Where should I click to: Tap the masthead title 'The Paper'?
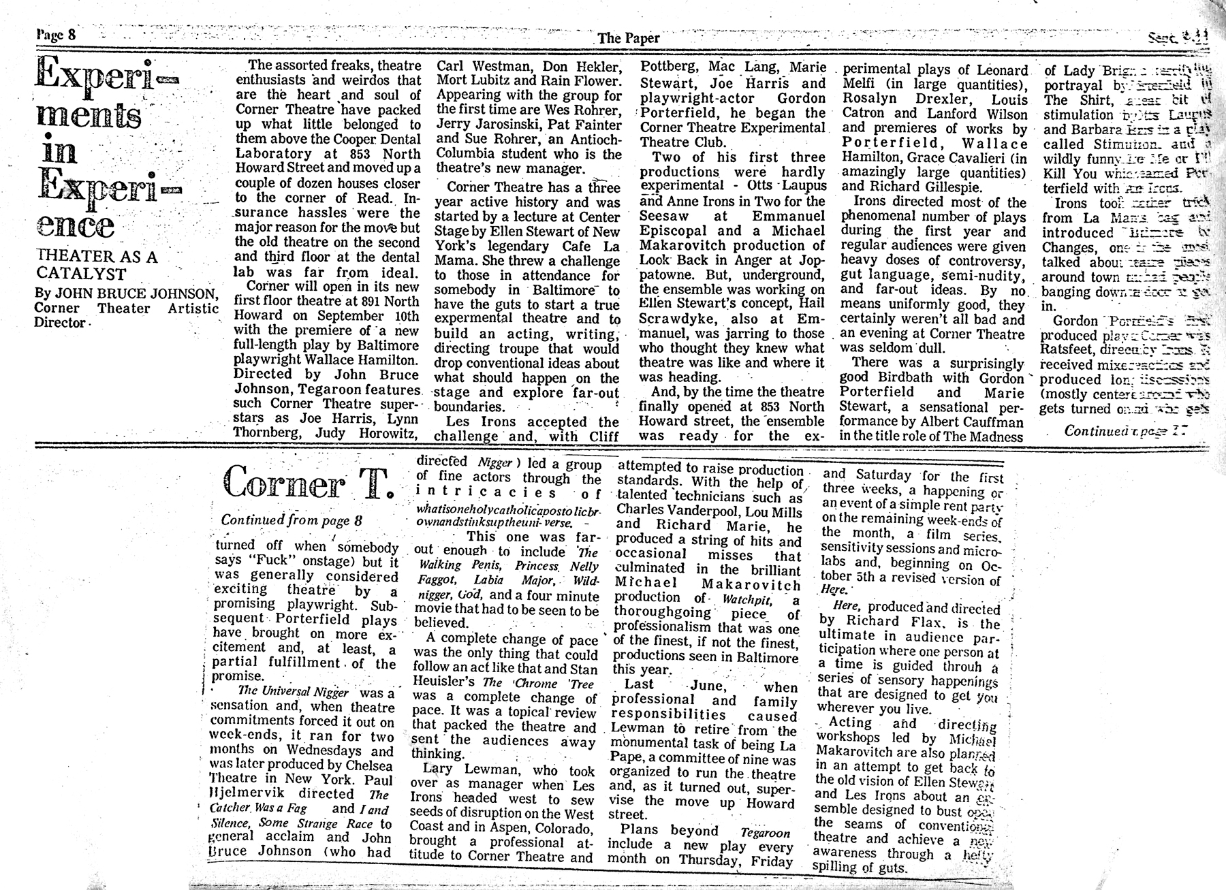(x=628, y=38)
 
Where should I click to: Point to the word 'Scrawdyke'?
(x=676, y=319)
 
